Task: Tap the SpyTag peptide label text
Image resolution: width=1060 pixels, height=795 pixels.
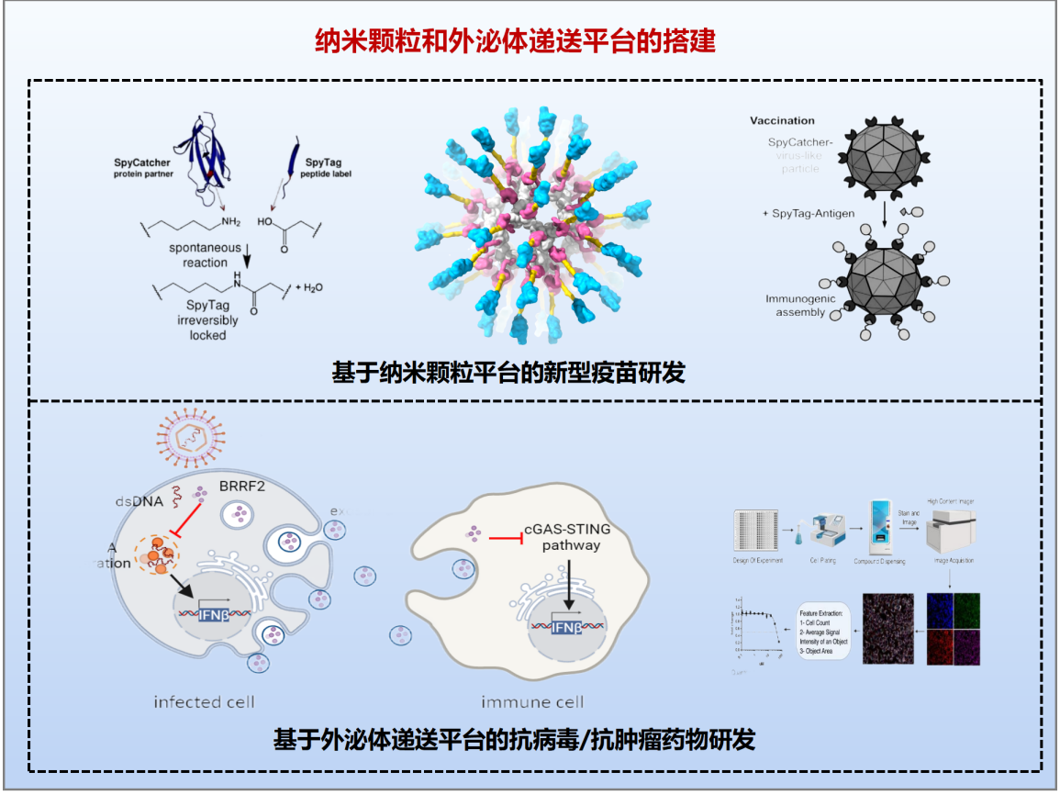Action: pyautogui.click(x=307, y=168)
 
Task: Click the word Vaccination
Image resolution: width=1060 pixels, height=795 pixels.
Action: pyautogui.click(x=782, y=120)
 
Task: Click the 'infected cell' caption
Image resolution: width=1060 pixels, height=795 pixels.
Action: pyautogui.click(x=204, y=702)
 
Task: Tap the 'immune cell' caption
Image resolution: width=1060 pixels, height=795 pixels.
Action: pyautogui.click(x=531, y=702)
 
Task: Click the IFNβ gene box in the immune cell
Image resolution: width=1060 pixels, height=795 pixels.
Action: pyautogui.click(x=566, y=628)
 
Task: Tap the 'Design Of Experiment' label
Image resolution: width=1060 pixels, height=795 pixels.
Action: pyautogui.click(x=757, y=560)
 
